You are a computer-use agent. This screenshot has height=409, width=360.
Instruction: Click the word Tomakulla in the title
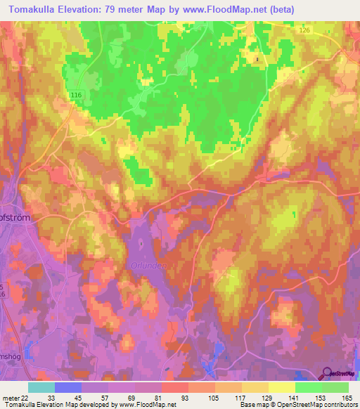[x=37, y=9]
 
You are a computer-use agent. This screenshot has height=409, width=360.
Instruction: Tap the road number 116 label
[x=77, y=94]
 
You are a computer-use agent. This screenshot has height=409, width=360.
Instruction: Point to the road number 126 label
[x=304, y=30]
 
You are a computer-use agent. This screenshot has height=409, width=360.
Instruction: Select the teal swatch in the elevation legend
[x=41, y=387]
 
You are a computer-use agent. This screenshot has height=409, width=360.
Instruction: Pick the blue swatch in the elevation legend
[x=68, y=387]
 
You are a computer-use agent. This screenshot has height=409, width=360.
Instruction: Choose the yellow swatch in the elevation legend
[x=281, y=387]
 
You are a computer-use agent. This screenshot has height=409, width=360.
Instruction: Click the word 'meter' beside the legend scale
[x=9, y=398]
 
